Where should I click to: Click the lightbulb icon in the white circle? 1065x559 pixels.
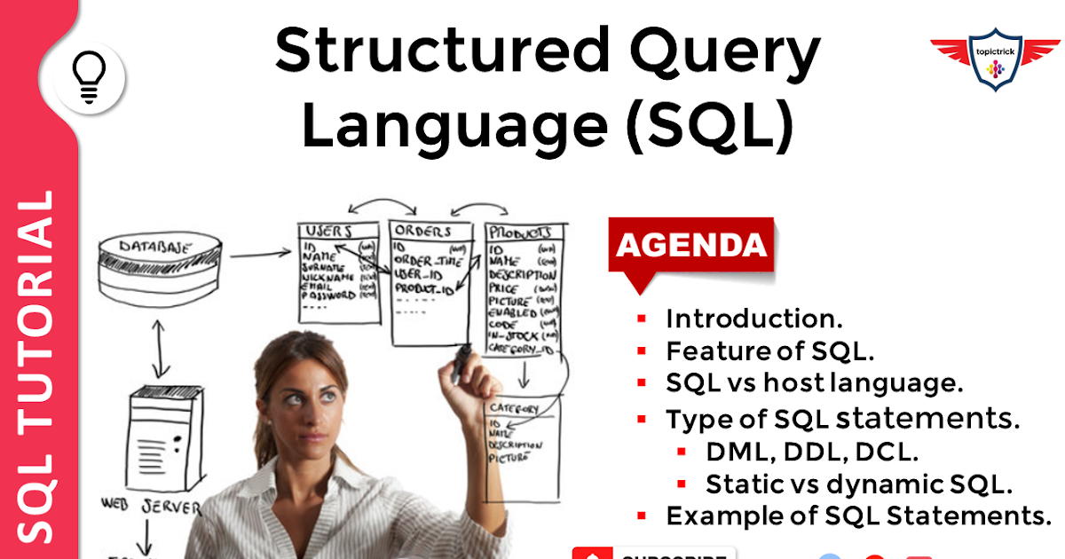coord(89,78)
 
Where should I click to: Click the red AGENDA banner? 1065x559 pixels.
coord(690,246)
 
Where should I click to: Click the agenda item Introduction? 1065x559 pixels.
coord(753,319)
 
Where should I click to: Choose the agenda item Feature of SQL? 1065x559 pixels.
coord(770,351)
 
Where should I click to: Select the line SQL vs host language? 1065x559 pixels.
coord(814,384)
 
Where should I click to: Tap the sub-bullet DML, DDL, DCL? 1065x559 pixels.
coord(811,452)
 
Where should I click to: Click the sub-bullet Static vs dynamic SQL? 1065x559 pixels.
coord(859,484)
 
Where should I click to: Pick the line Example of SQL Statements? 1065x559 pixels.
coord(857,516)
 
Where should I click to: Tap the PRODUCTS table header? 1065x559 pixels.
coord(524,232)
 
